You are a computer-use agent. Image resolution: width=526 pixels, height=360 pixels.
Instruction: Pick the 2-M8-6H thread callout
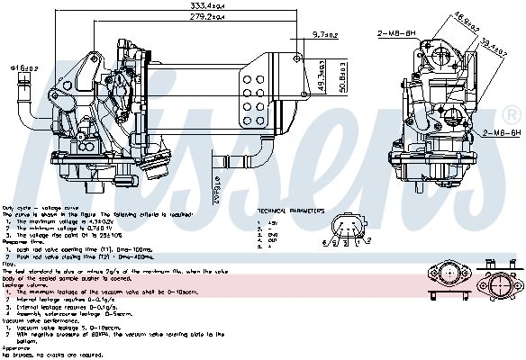pyautogui.click(x=399, y=33)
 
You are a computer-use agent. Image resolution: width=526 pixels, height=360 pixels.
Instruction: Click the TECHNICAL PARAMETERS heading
pyautogui.click(x=291, y=211)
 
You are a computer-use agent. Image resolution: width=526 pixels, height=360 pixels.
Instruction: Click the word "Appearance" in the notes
pyautogui.click(x=15, y=347)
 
